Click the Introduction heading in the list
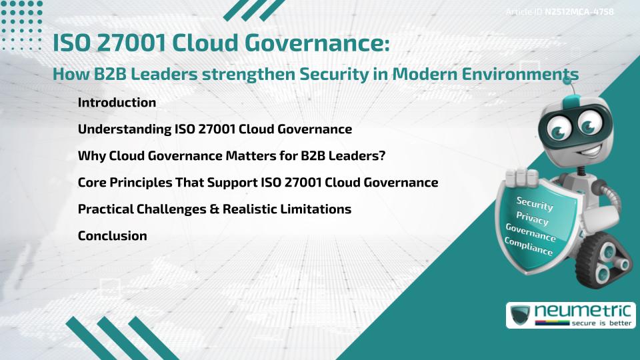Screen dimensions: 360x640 tap(117, 103)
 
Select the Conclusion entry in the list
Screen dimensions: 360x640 tap(112, 235)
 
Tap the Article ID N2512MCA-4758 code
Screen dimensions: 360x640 tap(559, 11)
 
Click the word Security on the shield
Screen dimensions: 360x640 tap(535, 203)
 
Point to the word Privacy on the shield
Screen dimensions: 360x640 tap(532, 218)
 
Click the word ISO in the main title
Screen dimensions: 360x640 tap(75, 44)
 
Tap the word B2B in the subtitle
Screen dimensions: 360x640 tap(107, 75)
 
